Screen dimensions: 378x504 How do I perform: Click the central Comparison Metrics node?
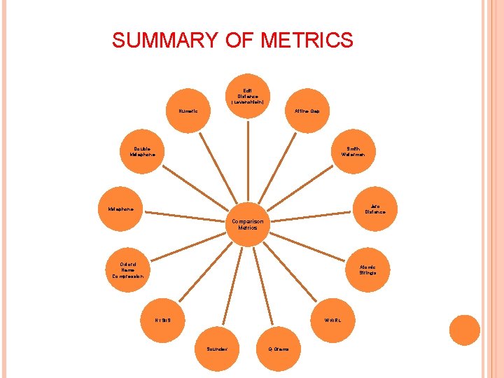(x=248, y=225)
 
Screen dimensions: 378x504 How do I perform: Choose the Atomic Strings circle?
(x=367, y=269)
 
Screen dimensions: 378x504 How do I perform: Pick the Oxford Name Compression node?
(x=127, y=269)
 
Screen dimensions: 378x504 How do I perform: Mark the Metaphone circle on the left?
(x=121, y=209)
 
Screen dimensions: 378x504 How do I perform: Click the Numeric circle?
(x=188, y=111)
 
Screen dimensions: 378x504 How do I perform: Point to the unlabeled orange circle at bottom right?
(x=465, y=330)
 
